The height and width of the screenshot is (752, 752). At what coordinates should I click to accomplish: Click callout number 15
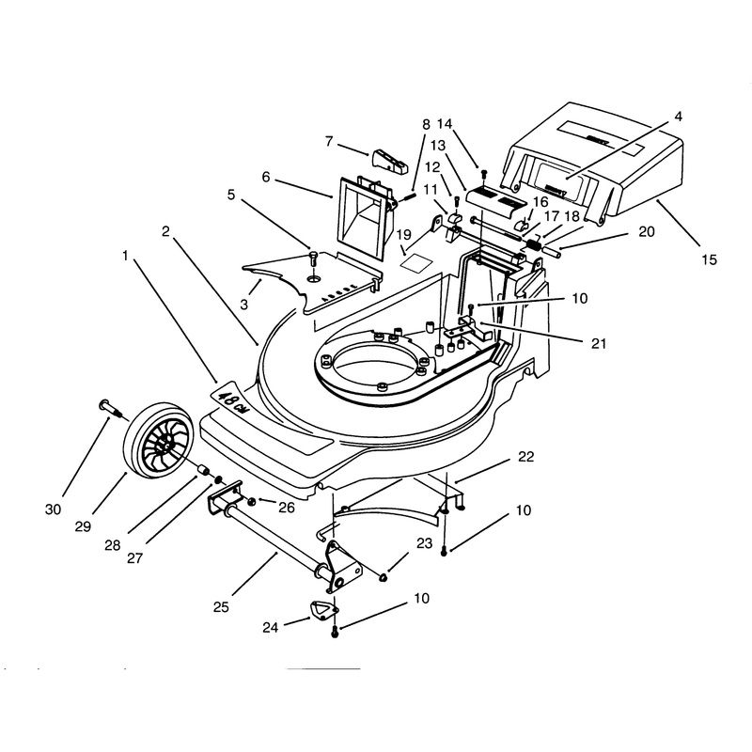pos(709,260)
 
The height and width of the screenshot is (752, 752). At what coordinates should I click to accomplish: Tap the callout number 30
pos(53,509)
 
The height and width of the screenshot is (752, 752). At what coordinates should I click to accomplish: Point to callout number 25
pos(221,607)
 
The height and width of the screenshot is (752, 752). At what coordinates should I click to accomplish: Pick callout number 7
pos(328,142)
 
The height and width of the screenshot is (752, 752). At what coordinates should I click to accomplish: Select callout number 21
pos(598,343)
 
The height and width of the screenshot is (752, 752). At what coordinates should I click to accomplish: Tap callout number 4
pos(678,117)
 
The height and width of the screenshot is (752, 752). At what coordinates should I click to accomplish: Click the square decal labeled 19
pos(415,263)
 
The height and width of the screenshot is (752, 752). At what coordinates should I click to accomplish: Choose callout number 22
pos(525,457)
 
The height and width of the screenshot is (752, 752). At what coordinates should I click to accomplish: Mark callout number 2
pos(165,231)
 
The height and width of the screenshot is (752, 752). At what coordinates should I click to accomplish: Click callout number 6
pos(266,177)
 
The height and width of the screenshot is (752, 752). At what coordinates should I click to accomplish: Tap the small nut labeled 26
pos(251,502)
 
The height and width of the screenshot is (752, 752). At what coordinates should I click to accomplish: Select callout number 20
pos(646,231)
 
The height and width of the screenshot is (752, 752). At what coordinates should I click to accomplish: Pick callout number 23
pos(424,543)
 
